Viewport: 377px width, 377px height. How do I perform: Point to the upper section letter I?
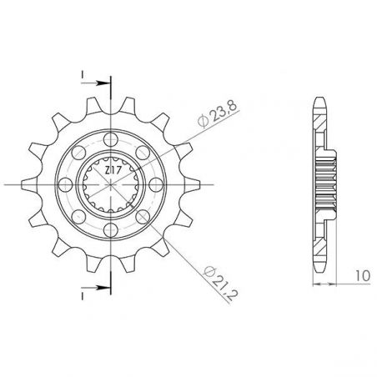coord(83,74)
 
